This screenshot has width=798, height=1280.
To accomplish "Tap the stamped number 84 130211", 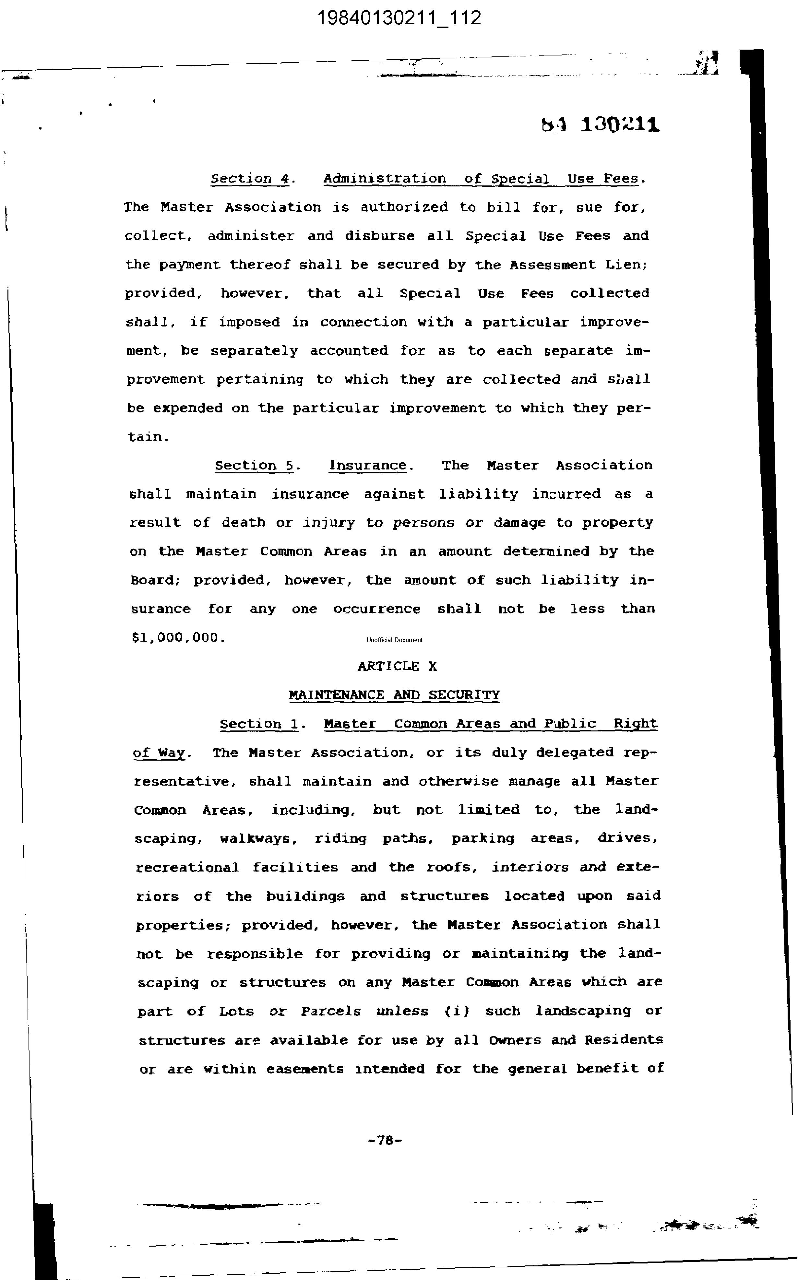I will pos(600,125).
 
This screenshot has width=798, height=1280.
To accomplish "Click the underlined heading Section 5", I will pos(255,465).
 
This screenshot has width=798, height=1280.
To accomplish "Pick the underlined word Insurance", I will pos(368,465).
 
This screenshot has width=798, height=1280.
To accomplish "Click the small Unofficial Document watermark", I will pos(394,640).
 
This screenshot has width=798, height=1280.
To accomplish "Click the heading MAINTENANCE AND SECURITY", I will pos(394,695).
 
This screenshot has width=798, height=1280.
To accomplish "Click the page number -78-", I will pos(385,1140).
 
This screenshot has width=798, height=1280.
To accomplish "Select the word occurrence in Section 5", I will pos(377,609).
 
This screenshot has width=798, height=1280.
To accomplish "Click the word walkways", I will pos(256,839).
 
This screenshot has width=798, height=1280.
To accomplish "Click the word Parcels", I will pos(331,1012).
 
